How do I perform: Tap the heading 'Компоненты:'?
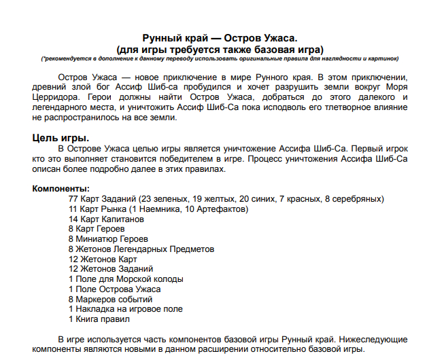(x=61, y=188)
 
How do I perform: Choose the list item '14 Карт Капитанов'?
(x=106, y=219)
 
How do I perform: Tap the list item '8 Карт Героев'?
(x=97, y=229)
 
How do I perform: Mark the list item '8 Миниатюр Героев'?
(x=108, y=239)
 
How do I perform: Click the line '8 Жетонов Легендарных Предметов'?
(x=141, y=249)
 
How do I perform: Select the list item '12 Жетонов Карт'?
(x=103, y=259)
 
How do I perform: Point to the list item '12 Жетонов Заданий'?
(x=111, y=269)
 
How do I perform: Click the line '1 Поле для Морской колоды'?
(x=126, y=279)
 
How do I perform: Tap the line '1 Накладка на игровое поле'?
(x=126, y=309)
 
